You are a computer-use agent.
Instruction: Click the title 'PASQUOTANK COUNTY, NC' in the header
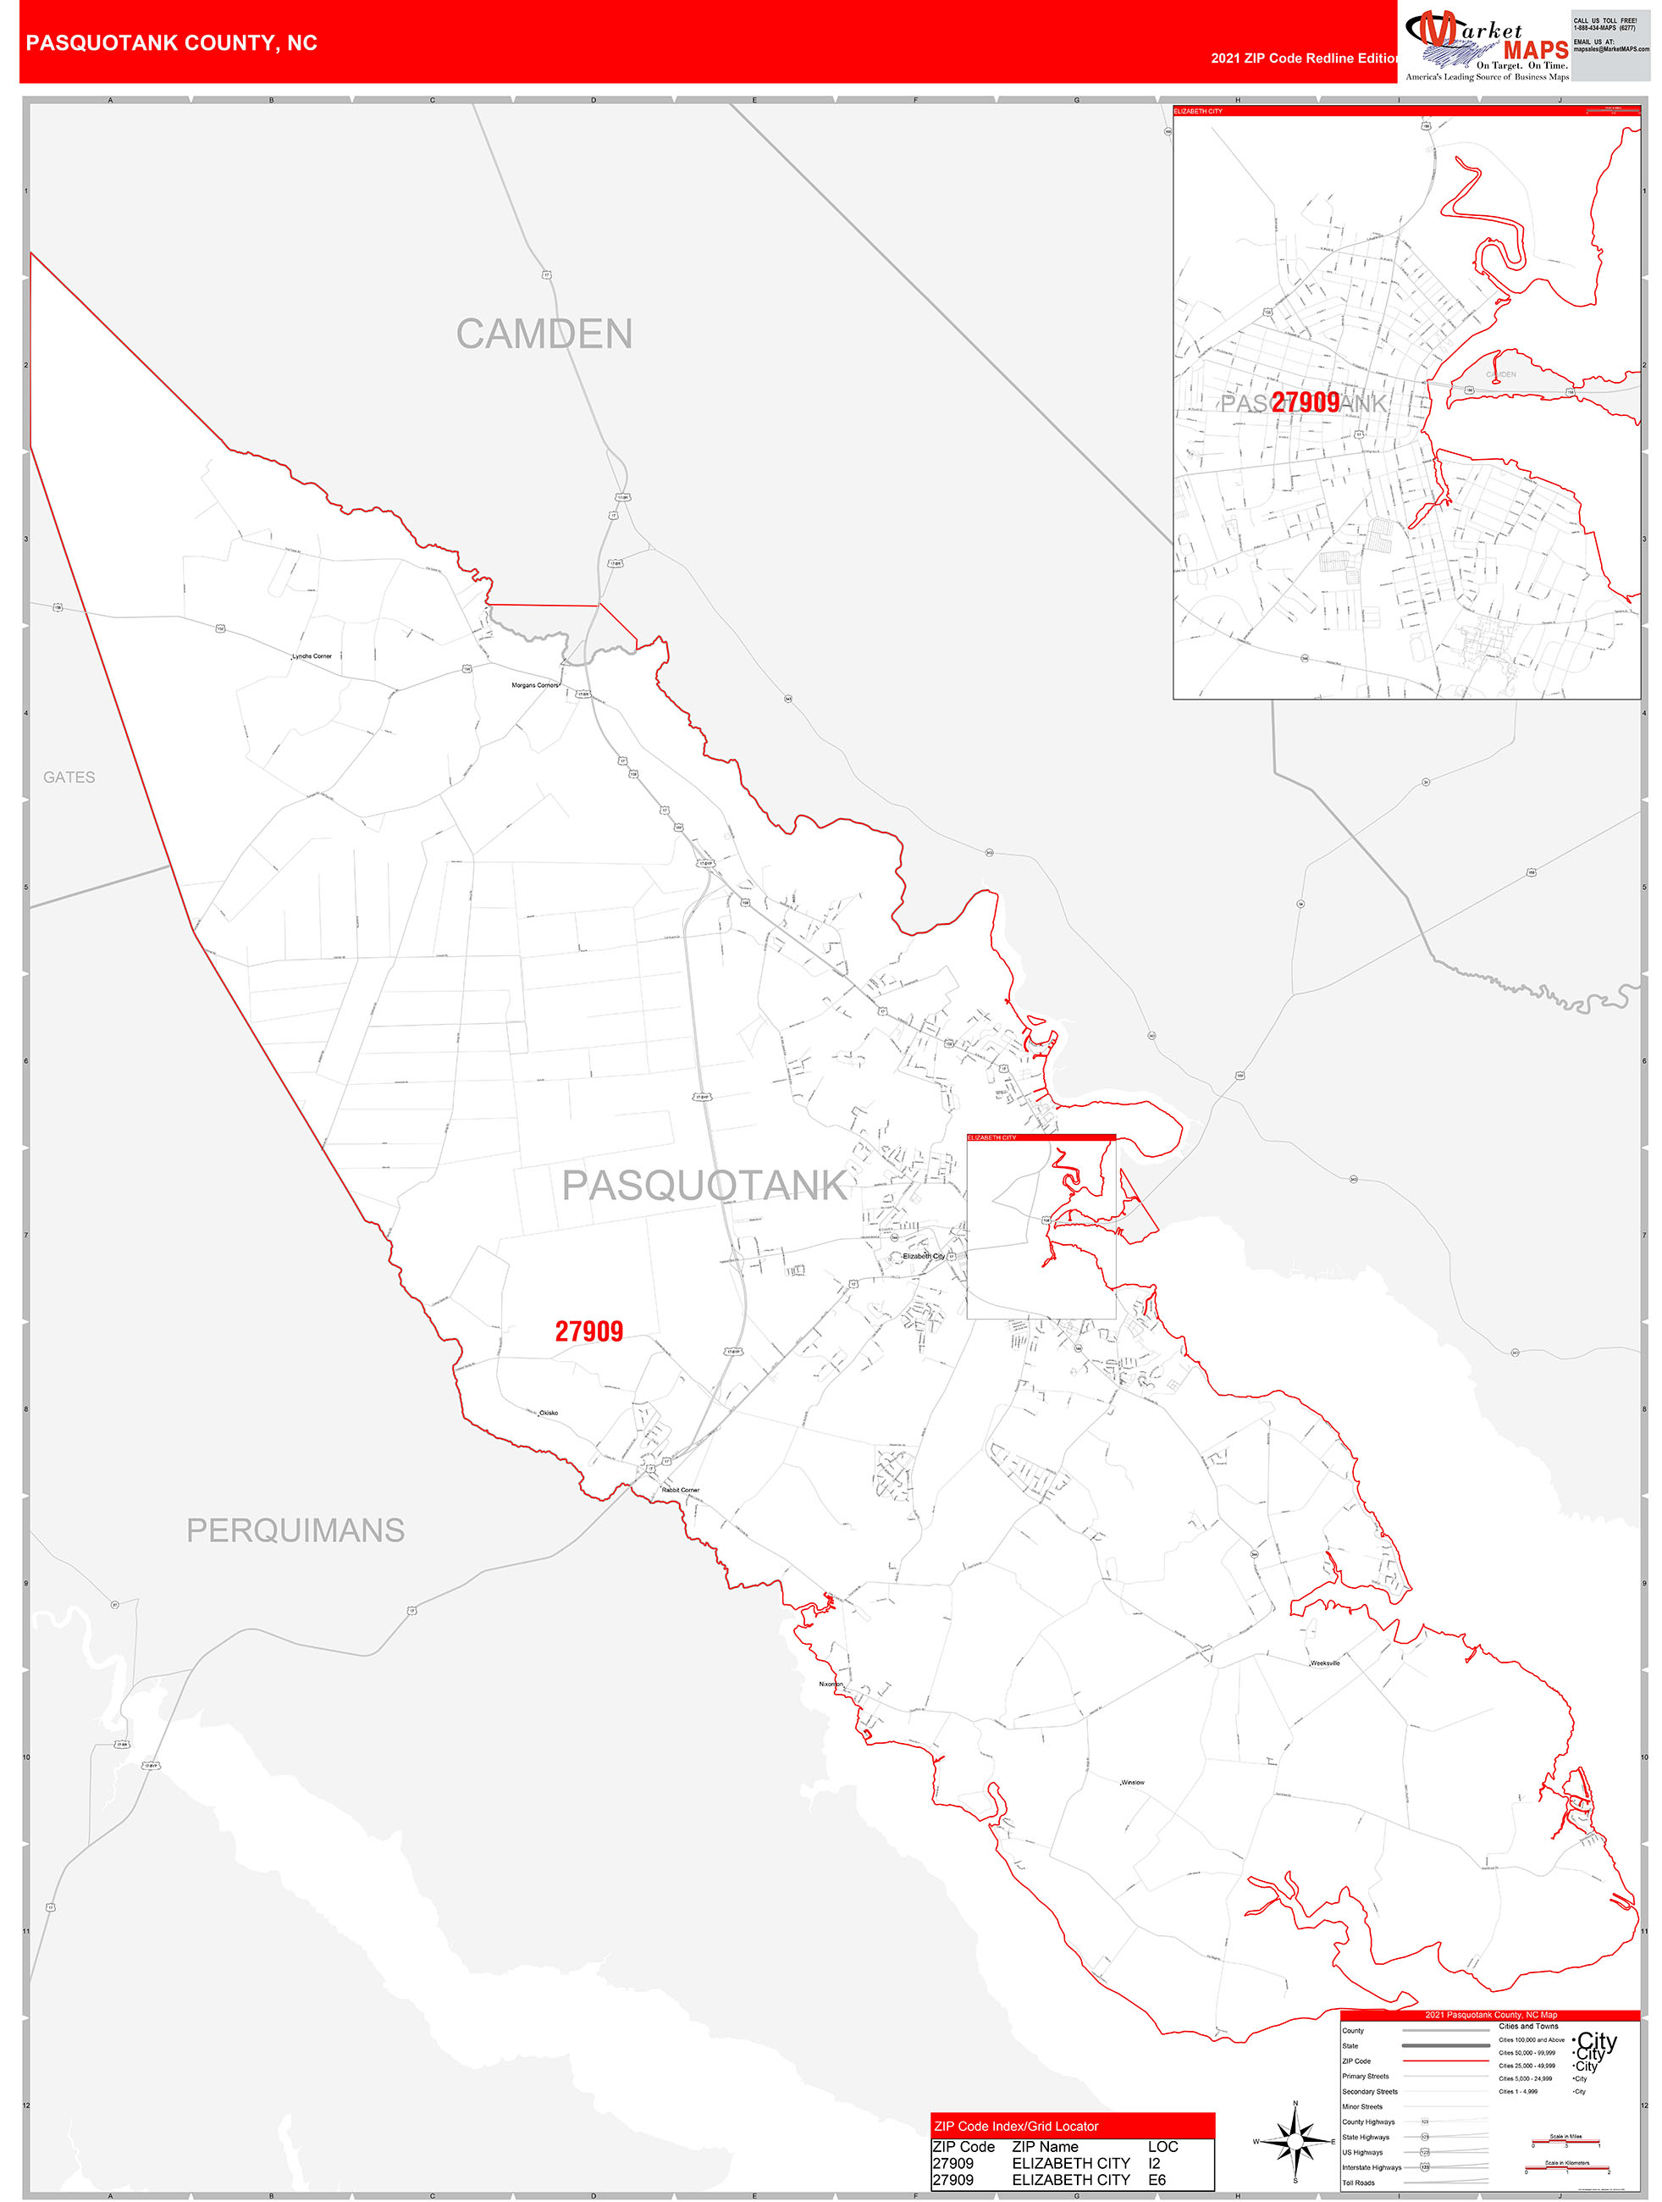(171, 43)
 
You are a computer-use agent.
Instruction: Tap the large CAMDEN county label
(544, 335)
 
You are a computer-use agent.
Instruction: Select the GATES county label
(69, 777)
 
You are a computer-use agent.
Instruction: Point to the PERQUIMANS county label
(295, 1530)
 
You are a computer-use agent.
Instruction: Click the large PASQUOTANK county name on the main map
(704, 1186)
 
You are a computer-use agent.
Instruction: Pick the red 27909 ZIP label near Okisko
(588, 1332)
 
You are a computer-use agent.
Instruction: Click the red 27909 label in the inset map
(1305, 402)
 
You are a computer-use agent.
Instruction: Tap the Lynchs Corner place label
(312, 656)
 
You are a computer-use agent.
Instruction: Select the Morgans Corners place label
(534, 685)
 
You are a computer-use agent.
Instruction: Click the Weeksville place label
(1325, 1663)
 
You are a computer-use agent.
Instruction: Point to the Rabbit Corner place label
(681, 1491)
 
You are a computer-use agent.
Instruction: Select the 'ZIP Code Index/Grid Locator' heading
(1015, 2127)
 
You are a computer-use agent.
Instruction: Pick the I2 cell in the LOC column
(1155, 2163)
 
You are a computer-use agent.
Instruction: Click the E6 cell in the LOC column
(1157, 2180)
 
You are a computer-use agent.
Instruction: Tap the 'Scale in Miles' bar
(1570, 2142)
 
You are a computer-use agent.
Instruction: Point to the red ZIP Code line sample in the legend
(1444, 2061)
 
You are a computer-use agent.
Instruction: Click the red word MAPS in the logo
(1535, 50)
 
